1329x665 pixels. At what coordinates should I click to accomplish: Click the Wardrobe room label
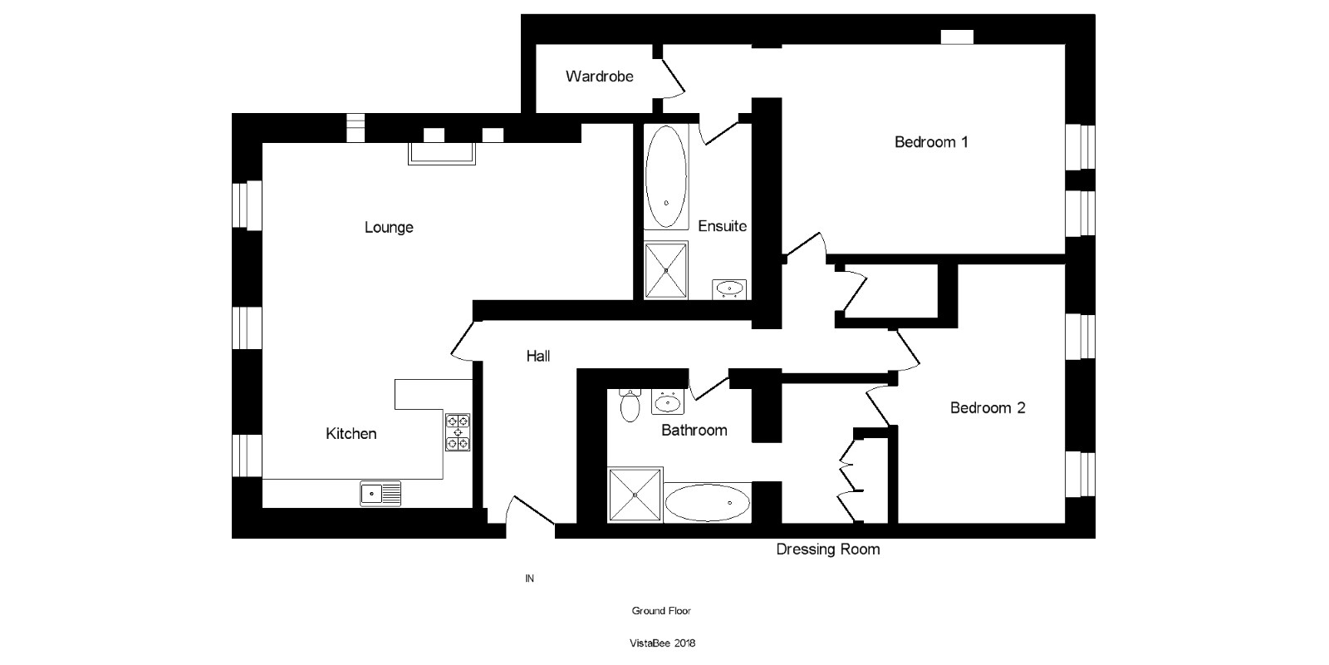pyautogui.click(x=599, y=76)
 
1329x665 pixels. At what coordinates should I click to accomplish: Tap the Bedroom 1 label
pyautogui.click(x=931, y=142)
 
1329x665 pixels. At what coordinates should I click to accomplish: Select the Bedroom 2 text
pyautogui.click(x=987, y=408)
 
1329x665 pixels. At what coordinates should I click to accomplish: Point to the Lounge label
pyautogui.click(x=389, y=228)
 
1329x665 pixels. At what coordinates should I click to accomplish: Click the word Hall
pyautogui.click(x=538, y=357)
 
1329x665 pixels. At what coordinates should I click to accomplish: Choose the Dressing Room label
pyautogui.click(x=827, y=549)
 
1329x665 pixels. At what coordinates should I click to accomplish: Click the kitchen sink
pyautogui.click(x=380, y=494)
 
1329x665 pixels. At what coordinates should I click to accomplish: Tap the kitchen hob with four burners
pyautogui.click(x=458, y=432)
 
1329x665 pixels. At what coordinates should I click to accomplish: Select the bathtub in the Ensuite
pyautogui.click(x=666, y=177)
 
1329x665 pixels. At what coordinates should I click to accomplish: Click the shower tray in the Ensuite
pyautogui.click(x=666, y=269)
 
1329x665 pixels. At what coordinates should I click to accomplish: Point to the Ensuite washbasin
pyautogui.click(x=730, y=289)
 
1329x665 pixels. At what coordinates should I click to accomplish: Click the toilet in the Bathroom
pyautogui.click(x=630, y=405)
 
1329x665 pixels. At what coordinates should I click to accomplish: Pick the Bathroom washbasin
pyautogui.click(x=667, y=403)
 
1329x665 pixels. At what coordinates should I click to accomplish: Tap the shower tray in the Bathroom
pyautogui.click(x=635, y=495)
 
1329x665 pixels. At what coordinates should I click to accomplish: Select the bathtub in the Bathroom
pyautogui.click(x=708, y=503)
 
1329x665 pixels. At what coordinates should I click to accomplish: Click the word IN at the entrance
pyautogui.click(x=529, y=579)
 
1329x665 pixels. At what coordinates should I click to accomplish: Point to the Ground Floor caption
pyautogui.click(x=661, y=611)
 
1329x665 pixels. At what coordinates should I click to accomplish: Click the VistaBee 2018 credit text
pyautogui.click(x=661, y=643)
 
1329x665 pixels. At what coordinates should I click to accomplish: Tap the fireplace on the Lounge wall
pyautogui.click(x=441, y=153)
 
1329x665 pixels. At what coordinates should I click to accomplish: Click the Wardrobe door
pyautogui.click(x=672, y=77)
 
